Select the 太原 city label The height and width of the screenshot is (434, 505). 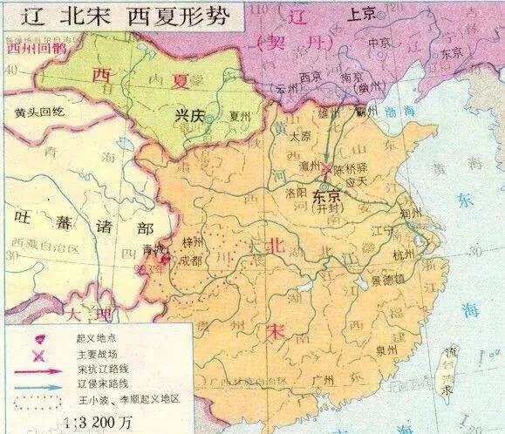pyautogui.click(x=301, y=136)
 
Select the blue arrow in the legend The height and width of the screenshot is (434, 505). pyautogui.click(x=33, y=384)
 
